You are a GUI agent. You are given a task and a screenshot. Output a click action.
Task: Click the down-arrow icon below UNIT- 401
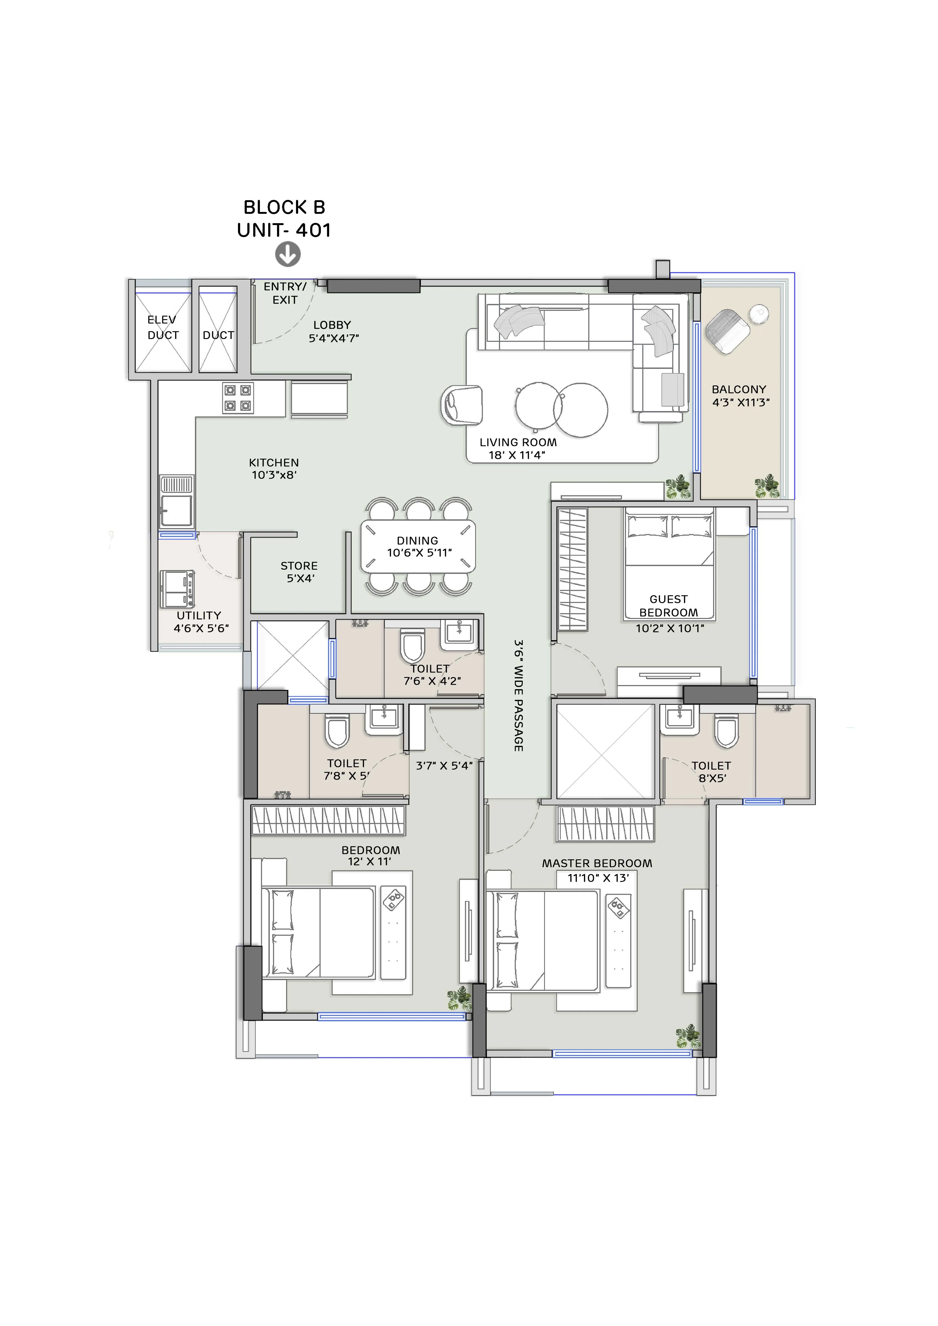(x=288, y=254)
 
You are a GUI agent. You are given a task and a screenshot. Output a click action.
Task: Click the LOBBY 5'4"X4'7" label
(x=333, y=331)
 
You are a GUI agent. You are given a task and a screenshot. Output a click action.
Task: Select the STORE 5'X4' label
(x=299, y=572)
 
